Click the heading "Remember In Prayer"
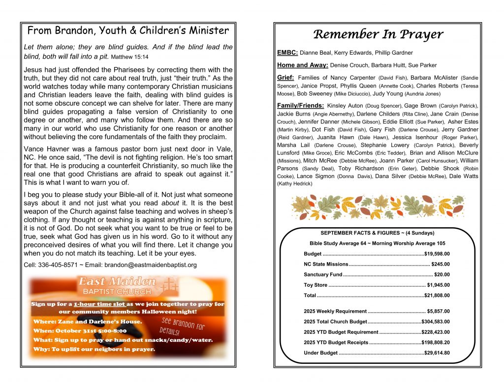378,34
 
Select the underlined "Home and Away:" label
302,65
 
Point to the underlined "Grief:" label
286,78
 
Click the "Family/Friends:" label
301,106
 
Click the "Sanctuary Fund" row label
323,275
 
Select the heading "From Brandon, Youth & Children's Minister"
128,30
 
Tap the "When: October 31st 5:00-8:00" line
81,331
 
